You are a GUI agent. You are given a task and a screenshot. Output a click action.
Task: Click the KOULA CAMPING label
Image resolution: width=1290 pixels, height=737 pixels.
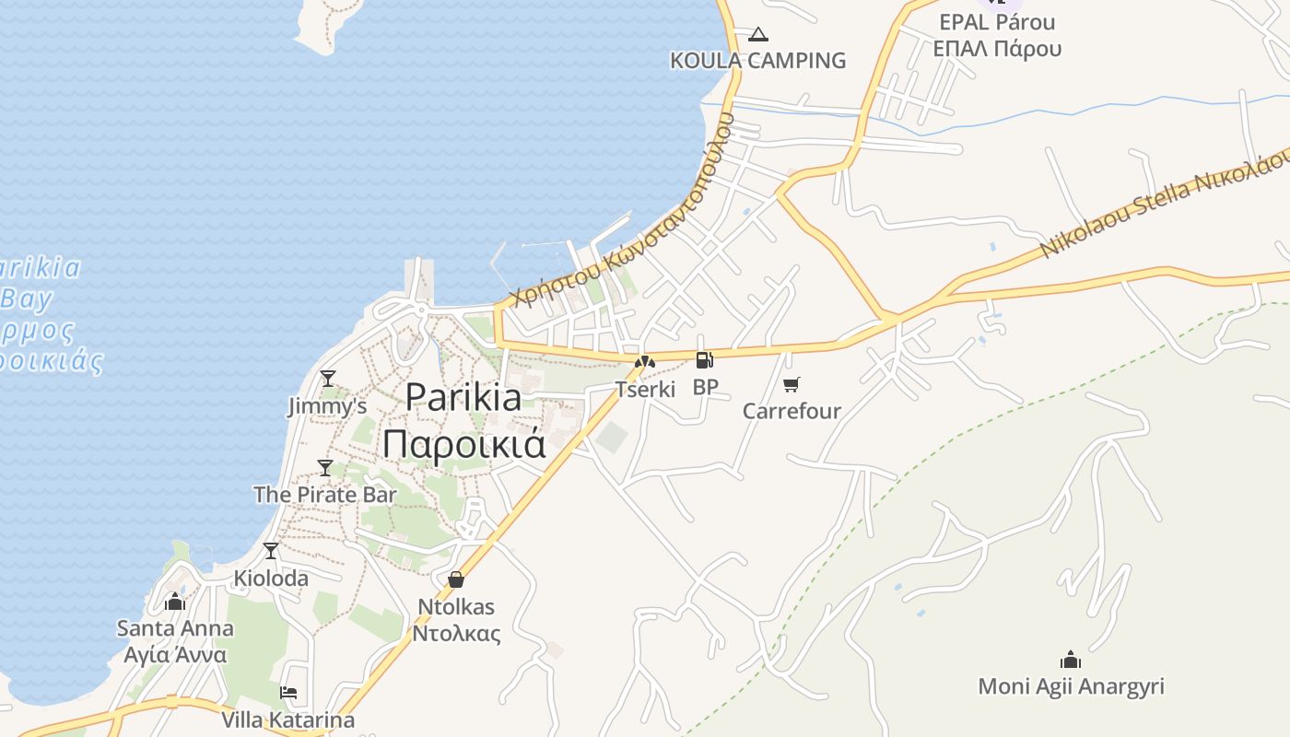coord(757,61)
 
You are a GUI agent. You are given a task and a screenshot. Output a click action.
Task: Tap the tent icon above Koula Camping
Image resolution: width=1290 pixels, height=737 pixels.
coord(757,35)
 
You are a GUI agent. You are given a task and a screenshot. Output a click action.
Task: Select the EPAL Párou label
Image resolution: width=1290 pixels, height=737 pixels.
coord(997,22)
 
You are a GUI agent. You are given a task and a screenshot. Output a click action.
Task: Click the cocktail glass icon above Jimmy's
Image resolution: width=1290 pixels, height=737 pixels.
coord(327,378)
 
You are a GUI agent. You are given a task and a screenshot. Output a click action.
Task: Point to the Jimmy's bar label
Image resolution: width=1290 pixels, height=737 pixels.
coord(327,406)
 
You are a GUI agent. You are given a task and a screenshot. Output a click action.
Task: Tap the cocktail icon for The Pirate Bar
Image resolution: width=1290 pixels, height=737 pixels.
coord(324,468)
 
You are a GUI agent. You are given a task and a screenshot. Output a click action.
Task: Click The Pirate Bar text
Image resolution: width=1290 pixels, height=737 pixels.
coord(324,495)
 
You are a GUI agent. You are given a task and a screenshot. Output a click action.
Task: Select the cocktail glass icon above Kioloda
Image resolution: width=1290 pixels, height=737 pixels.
coord(270,551)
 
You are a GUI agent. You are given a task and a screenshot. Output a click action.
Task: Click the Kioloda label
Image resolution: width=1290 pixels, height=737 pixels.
coord(271,579)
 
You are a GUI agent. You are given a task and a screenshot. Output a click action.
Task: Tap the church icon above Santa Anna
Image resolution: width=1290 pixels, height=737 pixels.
coord(175,602)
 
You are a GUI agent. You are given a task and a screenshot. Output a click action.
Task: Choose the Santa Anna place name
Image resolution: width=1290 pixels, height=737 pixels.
coord(175,629)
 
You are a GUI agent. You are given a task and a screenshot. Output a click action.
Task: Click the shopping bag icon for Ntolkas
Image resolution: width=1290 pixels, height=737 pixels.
coord(455,579)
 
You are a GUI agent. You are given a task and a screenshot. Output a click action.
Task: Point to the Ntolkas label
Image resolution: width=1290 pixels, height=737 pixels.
coord(455,607)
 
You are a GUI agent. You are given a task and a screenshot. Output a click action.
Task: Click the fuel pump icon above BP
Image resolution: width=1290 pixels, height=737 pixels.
coord(705,359)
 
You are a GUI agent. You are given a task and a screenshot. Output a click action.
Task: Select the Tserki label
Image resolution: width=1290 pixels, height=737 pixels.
coord(645,389)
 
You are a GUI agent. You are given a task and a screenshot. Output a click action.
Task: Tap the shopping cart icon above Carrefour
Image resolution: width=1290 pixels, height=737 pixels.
coord(792,384)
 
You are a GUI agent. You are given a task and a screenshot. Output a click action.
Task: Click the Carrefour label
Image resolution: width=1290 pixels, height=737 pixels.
coord(792,411)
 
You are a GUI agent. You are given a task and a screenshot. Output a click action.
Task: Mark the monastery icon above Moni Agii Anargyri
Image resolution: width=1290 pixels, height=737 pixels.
coord(1070,660)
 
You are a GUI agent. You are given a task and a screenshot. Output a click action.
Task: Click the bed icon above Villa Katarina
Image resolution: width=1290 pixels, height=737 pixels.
coord(288,693)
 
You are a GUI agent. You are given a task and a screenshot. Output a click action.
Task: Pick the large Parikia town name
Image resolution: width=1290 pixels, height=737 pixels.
coord(463,397)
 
